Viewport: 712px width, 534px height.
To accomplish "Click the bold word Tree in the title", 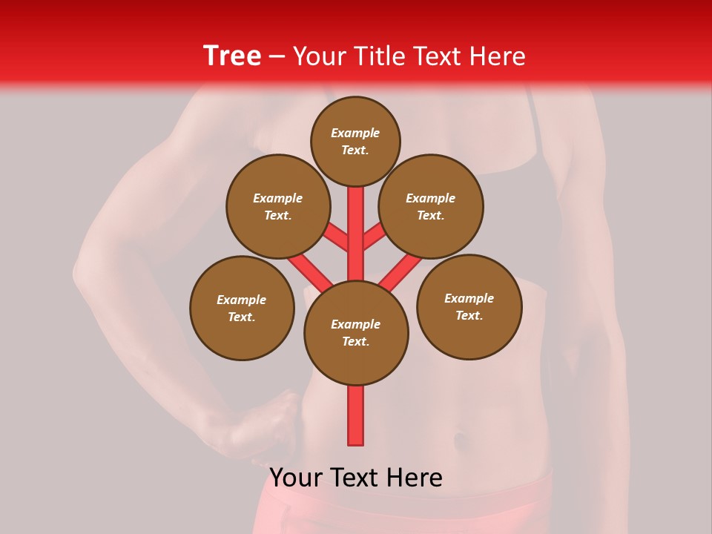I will (232, 56).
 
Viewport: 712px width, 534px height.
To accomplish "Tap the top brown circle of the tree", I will (355, 141).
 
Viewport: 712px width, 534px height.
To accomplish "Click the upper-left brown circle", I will (277, 206).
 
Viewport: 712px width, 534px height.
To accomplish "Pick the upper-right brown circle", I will (430, 206).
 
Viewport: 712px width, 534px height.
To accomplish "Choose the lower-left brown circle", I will (242, 308).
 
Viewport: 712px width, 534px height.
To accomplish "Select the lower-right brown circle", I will (469, 306).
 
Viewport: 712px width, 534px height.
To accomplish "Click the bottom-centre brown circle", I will (356, 332).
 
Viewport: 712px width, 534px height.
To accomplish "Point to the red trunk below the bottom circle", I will (356, 415).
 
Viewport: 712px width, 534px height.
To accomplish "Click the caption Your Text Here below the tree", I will (356, 478).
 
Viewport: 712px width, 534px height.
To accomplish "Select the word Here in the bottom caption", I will (416, 478).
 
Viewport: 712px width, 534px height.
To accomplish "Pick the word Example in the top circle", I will (355, 133).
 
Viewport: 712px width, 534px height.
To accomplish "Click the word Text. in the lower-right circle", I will (469, 315).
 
